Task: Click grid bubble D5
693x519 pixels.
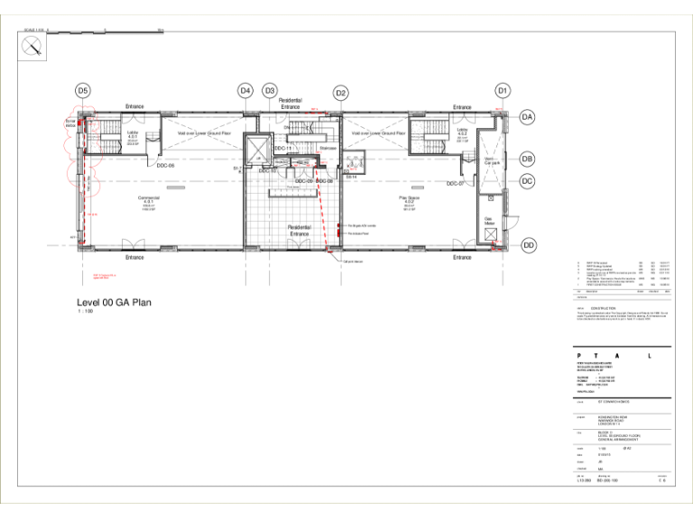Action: coord(83,90)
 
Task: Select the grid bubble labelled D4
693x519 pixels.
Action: coord(245,90)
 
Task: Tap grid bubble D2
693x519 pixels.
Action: coord(341,93)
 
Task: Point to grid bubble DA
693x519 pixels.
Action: coord(529,117)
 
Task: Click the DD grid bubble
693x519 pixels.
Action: coord(529,245)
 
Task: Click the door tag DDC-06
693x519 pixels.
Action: coord(165,166)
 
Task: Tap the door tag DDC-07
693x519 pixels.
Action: coord(455,183)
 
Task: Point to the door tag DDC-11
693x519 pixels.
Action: coord(282,148)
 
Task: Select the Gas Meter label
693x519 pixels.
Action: coord(492,222)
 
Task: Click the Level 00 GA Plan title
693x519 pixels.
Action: coord(114,302)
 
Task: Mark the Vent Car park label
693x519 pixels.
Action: coord(492,162)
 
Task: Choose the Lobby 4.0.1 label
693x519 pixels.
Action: coord(133,134)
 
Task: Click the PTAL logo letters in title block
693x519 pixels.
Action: coord(623,356)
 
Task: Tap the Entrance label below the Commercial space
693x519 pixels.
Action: coord(134,258)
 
